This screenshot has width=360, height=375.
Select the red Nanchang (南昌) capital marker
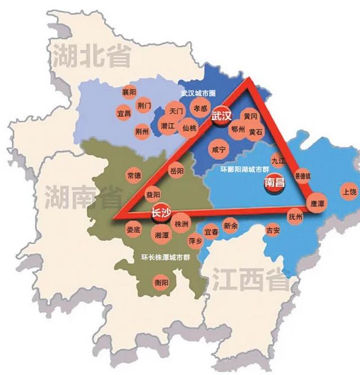(x=274, y=183)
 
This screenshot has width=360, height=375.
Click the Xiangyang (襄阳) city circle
(x=129, y=92)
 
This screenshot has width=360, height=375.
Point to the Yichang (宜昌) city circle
(x=124, y=113)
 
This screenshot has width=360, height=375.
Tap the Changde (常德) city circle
(x=134, y=176)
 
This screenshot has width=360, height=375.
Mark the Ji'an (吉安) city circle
(x=272, y=230)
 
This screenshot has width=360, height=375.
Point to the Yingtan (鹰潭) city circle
(x=314, y=202)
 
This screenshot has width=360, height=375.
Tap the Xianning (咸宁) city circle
(x=218, y=149)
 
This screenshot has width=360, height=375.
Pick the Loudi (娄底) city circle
(x=134, y=229)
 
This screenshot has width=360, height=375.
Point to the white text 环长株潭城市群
(x=161, y=258)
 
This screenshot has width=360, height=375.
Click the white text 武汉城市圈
(x=198, y=93)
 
